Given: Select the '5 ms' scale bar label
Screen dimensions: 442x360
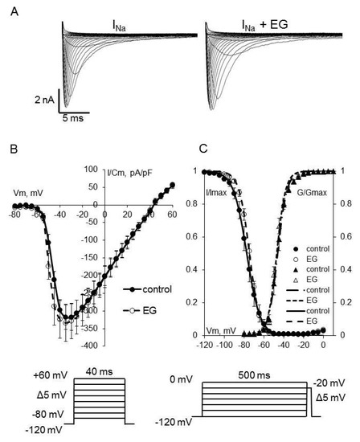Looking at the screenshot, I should tap(76, 115).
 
